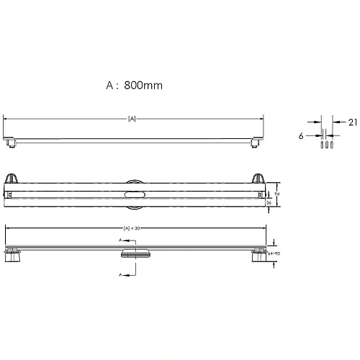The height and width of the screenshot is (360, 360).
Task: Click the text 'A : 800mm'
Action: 134,84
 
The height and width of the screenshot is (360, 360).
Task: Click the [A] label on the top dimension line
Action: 132,118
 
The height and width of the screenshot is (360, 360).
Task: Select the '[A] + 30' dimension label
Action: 132,228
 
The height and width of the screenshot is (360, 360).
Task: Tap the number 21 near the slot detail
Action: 352,122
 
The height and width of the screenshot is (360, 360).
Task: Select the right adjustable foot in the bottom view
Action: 258,256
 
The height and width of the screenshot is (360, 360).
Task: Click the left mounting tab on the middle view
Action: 12,179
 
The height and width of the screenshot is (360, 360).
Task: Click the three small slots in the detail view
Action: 325,143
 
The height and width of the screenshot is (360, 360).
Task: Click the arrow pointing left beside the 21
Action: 338,122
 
